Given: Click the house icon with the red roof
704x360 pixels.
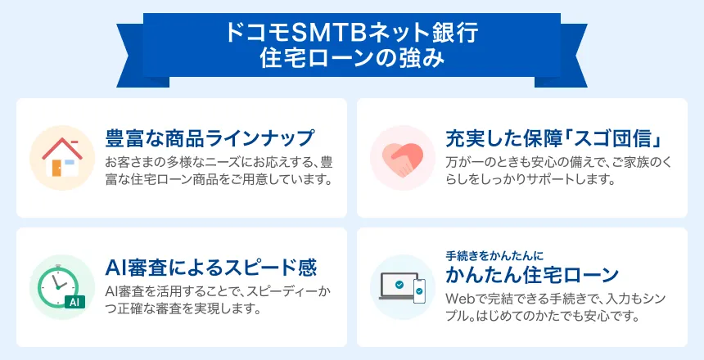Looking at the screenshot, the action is (x=62, y=158).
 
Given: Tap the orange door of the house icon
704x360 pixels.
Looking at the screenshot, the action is (x=56, y=168).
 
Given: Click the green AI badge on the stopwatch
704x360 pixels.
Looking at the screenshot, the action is (x=74, y=302).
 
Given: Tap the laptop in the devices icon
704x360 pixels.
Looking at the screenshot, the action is (x=398, y=286).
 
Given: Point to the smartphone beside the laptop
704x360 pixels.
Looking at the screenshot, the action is (x=419, y=291).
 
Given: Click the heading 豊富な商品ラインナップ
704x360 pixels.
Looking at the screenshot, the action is (x=209, y=137).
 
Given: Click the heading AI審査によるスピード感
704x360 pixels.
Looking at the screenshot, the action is (x=211, y=268).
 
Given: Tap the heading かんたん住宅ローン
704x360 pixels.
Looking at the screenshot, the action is (x=532, y=275).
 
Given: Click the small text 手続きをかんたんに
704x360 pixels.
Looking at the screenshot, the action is (x=494, y=256).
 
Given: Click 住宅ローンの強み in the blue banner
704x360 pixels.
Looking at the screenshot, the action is (x=351, y=58).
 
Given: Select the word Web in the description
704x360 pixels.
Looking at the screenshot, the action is (x=460, y=299).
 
